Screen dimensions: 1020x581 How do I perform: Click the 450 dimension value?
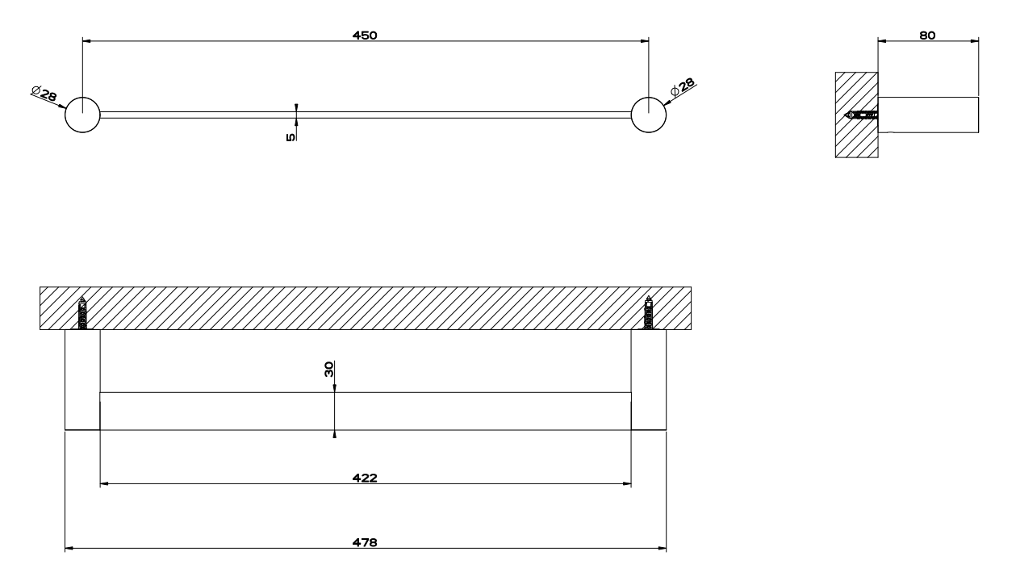coord(365,35)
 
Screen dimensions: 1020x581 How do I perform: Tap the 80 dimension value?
coord(927,35)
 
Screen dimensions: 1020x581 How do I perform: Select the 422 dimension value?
coord(365,478)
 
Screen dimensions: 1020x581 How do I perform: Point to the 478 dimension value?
coord(365,542)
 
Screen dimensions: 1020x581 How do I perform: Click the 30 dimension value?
coord(328,369)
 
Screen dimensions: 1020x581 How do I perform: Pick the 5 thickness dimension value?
coord(291,137)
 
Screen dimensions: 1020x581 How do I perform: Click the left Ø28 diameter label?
coord(44,93)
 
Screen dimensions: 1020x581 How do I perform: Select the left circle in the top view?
coord(82,115)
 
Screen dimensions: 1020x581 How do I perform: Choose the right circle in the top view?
coord(649,115)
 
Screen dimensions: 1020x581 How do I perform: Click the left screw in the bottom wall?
coord(82,313)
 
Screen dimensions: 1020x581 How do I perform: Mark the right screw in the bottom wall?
coord(649,313)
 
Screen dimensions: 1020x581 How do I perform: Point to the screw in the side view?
coord(861,115)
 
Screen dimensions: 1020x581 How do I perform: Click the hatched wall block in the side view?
coord(856,115)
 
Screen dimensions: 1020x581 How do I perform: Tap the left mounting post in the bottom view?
coord(82,380)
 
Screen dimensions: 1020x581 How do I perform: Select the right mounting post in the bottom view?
coord(649,380)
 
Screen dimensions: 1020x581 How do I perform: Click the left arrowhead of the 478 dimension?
coord(69,548)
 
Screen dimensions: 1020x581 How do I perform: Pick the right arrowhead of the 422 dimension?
coord(626,483)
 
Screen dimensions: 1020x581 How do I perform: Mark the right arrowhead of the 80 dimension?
coord(974,41)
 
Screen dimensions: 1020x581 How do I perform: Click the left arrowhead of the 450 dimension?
coord(87,41)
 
